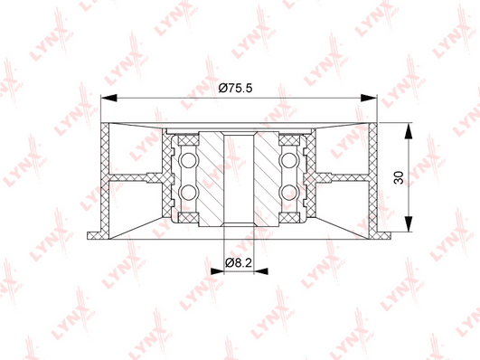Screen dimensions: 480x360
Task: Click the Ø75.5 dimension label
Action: tap(235, 89)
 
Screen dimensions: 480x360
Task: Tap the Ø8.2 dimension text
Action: tap(238, 262)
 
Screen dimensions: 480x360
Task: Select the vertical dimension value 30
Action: tap(399, 177)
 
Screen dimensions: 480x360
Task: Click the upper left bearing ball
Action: tap(188, 160)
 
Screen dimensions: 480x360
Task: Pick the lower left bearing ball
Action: tap(188, 193)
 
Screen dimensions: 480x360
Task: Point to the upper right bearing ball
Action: tap(289, 160)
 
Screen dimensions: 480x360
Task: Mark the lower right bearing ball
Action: tap(289, 193)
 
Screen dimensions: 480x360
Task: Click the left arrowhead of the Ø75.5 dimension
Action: tap(109, 98)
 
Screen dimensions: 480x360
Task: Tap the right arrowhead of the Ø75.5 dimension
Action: tap(369, 98)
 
